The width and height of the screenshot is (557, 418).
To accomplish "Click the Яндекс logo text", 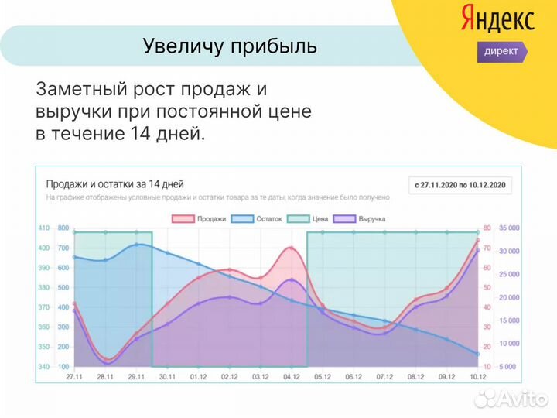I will [497, 19].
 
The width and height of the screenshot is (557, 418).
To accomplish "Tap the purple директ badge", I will [502, 52].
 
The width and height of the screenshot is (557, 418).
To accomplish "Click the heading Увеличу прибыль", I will [230, 46].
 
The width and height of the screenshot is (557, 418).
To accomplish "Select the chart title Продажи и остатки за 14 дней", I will [114, 184].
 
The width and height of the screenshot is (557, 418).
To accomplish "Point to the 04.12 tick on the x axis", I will [292, 377].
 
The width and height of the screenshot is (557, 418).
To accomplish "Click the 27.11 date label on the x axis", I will [74, 377].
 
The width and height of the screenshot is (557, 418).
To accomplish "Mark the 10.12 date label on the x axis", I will [477, 377].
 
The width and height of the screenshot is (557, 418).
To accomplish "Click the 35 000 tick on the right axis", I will [508, 228].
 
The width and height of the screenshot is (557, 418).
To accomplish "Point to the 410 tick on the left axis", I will [43, 228].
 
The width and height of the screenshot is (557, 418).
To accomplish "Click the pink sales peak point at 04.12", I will [291, 248].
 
